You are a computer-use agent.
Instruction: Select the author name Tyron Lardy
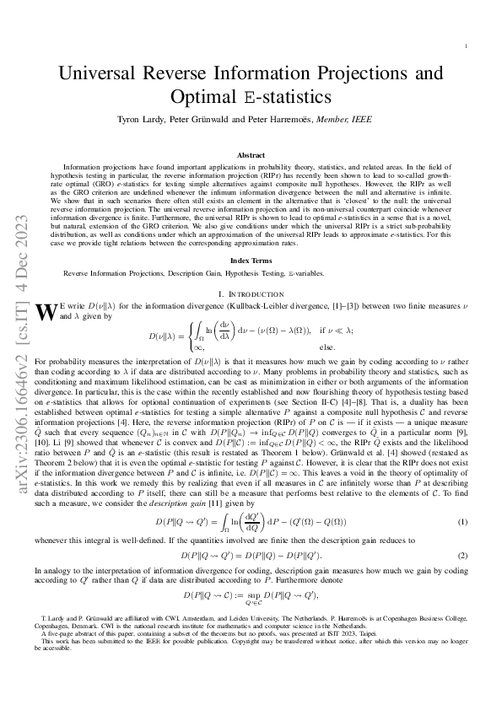(x=148, y=121)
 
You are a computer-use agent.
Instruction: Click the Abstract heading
(x=251, y=156)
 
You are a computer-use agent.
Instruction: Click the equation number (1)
(x=462, y=522)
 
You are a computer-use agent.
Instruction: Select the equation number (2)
(x=462, y=556)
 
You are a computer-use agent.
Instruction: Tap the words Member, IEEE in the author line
(x=345, y=121)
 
